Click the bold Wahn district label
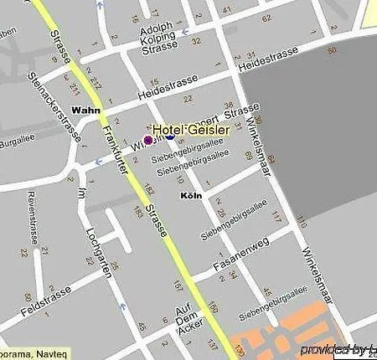click(86, 110)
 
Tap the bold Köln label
click(191, 195)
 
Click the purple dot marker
click(149, 140)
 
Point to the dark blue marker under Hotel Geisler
click(169, 136)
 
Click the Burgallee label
click(15, 142)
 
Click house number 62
click(266, 17)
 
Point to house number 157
click(177, 286)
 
